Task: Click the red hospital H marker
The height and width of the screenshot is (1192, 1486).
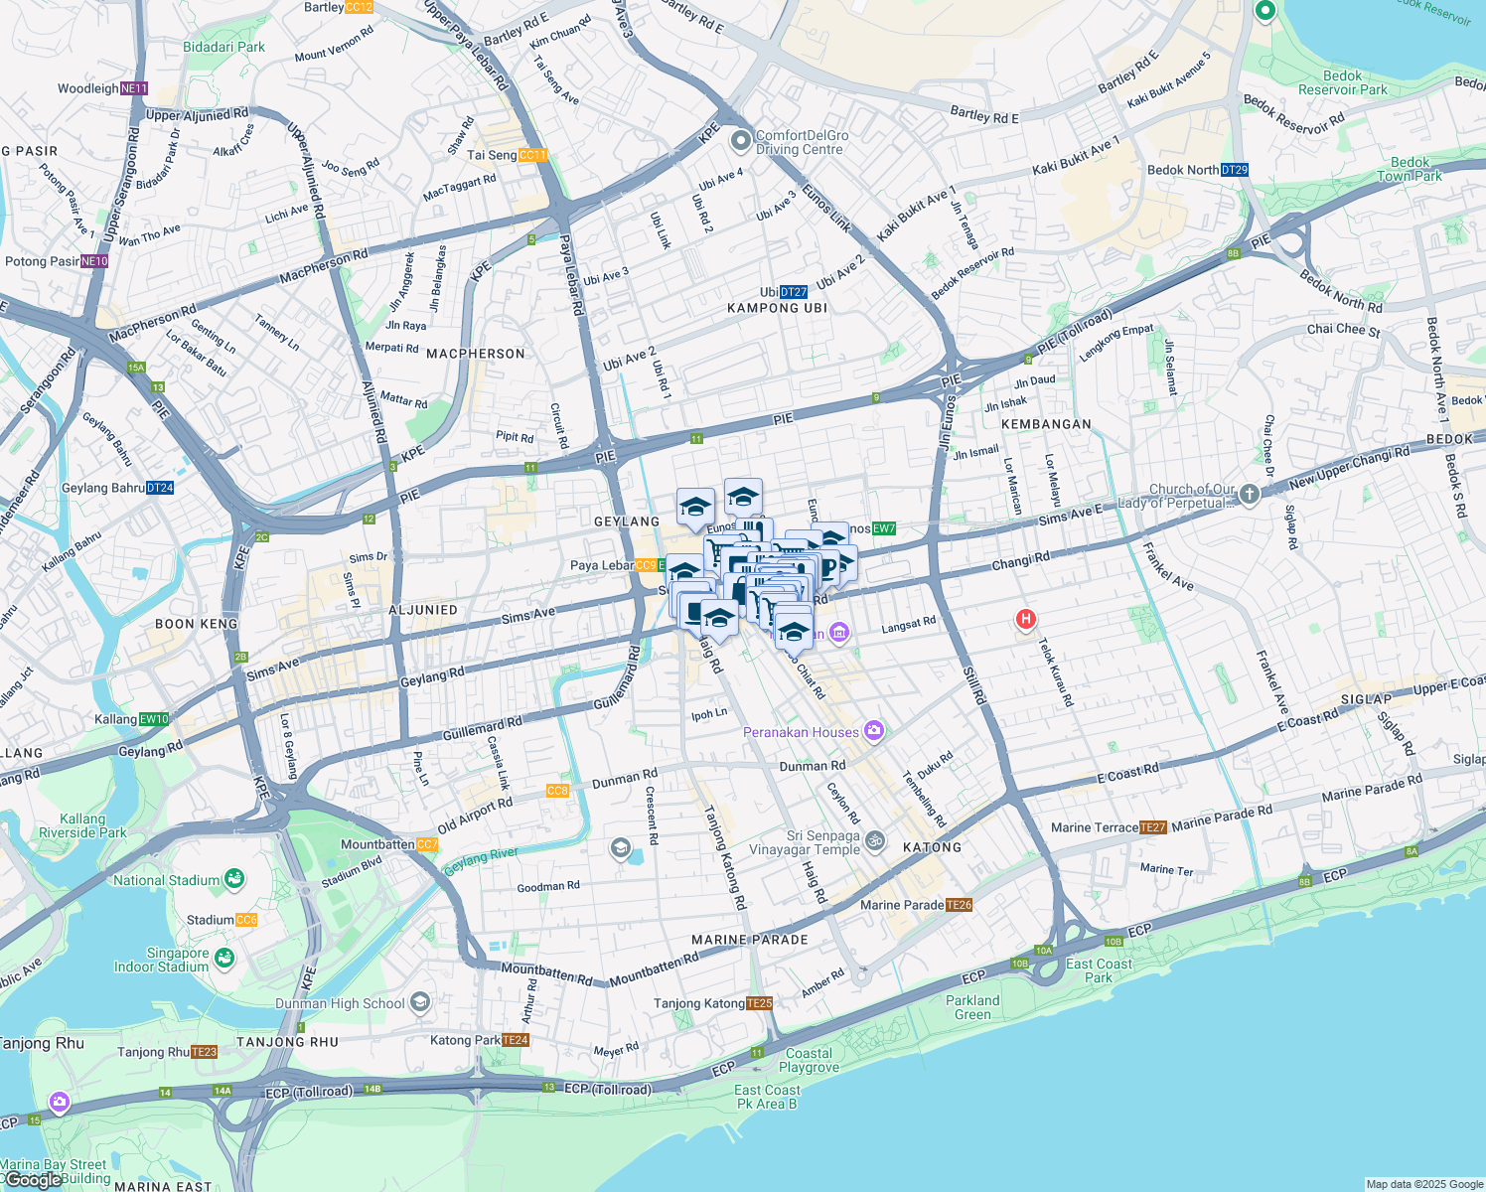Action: (x=1025, y=620)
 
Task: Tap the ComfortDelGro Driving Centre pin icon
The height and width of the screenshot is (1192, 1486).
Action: (x=740, y=142)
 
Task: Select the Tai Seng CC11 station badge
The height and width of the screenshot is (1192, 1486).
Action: (x=532, y=155)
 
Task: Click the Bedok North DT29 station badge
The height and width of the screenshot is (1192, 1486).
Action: (x=1234, y=170)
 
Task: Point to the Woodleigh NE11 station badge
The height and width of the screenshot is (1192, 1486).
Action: (x=134, y=88)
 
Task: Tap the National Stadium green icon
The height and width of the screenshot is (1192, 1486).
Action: (x=234, y=879)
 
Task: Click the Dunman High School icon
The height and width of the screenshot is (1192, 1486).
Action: (x=420, y=1001)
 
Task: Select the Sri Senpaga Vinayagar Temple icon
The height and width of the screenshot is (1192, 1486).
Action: (x=874, y=840)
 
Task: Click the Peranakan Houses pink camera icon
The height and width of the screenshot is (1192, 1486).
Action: (x=873, y=732)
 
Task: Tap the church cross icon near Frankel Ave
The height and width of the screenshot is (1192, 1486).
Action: (x=1249, y=494)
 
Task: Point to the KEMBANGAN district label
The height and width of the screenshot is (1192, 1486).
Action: (x=1046, y=424)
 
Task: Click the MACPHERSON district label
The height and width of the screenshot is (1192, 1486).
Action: (x=476, y=354)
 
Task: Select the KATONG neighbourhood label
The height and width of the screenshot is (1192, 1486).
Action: (x=932, y=847)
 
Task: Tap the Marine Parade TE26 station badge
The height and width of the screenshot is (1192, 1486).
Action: (x=959, y=905)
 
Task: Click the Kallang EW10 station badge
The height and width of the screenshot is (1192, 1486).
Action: (x=154, y=719)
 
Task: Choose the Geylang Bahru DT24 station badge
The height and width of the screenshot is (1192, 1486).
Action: (x=160, y=488)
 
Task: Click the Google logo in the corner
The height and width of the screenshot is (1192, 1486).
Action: (x=32, y=1179)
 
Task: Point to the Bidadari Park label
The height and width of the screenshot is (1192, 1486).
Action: (x=223, y=47)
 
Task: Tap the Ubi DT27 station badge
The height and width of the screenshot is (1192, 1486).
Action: (x=794, y=292)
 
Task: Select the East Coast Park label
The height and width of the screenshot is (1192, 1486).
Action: (x=1099, y=970)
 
